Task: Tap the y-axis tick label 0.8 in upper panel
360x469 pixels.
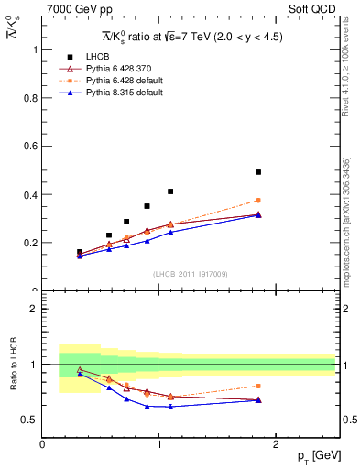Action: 28,98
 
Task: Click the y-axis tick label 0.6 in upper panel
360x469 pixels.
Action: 28,147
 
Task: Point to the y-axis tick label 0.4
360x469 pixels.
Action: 28,195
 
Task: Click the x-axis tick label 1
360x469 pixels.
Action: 159,443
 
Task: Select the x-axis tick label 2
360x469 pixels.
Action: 277,443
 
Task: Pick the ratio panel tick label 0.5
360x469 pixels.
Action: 28,420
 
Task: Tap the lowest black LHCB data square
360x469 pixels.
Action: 80,252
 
